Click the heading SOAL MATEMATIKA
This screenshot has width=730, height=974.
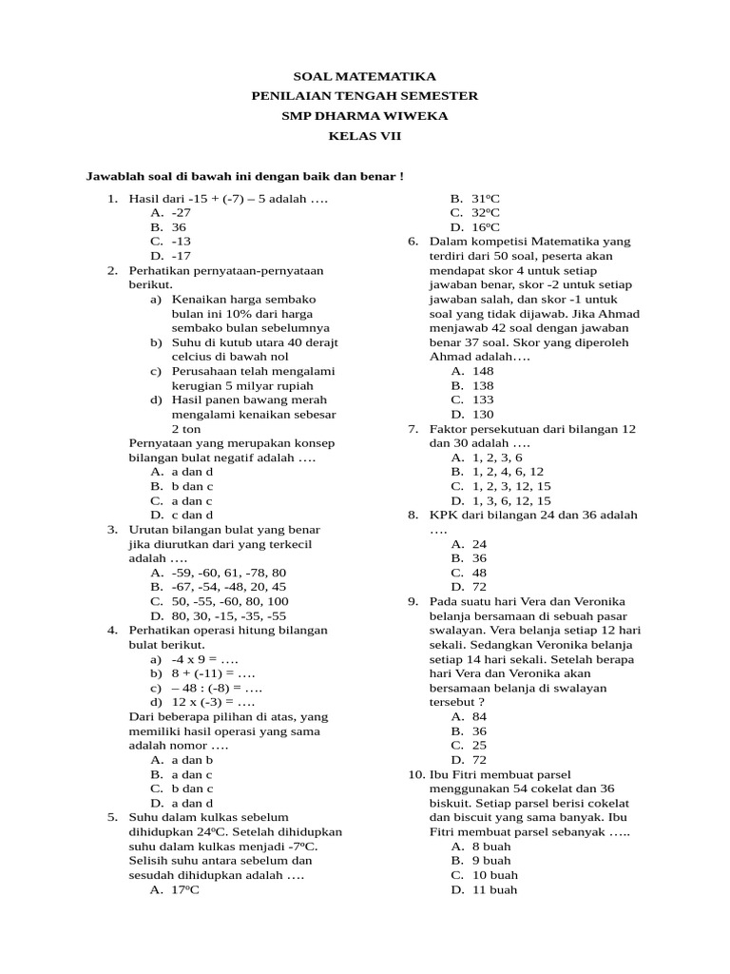pos(365,76)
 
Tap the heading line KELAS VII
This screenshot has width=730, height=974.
pos(365,136)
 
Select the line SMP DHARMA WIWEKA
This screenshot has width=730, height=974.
pos(365,116)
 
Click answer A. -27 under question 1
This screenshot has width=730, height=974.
pos(171,213)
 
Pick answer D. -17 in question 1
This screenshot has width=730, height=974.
pos(171,256)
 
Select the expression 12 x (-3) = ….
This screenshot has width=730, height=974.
pos(205,702)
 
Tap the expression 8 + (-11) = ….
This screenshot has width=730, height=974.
pos(205,673)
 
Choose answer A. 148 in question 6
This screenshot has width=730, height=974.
pos(472,371)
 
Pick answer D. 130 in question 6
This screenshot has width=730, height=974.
pos(472,414)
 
